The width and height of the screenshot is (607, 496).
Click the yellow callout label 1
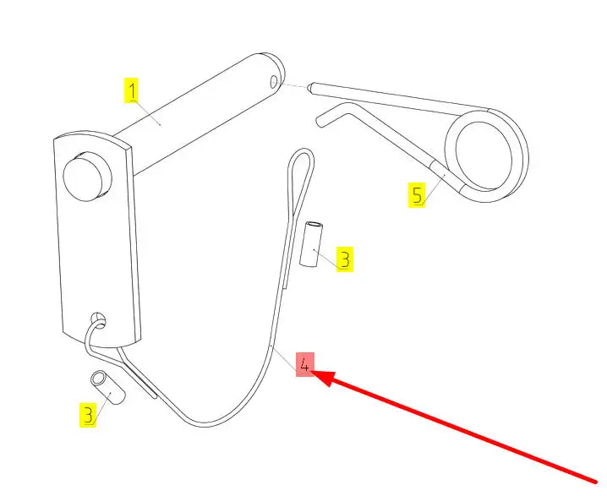tap(133, 90)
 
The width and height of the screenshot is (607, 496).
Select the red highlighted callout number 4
tap(304, 364)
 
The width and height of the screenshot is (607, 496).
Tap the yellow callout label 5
tap(417, 195)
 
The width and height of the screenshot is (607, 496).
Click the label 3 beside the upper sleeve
tap(343, 259)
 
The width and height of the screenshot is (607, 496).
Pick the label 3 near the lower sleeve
tap(88, 414)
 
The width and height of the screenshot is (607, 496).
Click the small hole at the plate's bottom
tap(99, 319)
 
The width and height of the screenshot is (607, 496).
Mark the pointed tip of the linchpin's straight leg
tap(313, 86)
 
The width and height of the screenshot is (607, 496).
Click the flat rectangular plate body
tap(97, 245)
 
